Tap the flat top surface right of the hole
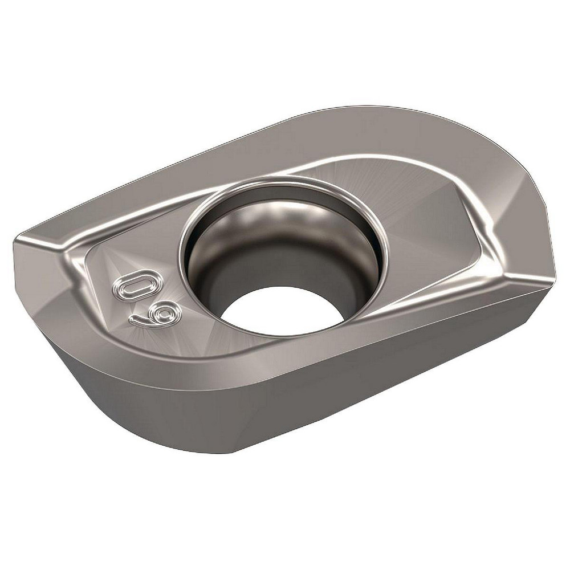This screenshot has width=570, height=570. (422, 217)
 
